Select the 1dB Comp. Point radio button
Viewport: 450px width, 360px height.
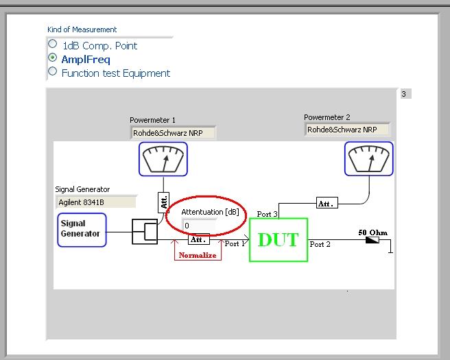click(52, 44)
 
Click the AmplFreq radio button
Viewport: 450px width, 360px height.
click(52, 58)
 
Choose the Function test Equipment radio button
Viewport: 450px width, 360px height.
click(52, 71)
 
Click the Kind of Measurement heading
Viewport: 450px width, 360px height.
click(82, 29)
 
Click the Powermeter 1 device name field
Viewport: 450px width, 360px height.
click(173, 133)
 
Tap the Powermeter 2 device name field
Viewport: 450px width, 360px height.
click(347, 130)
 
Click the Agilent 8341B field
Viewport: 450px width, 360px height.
click(96, 202)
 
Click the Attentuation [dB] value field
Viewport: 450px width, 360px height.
click(199, 226)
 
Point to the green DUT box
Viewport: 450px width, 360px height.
click(279, 240)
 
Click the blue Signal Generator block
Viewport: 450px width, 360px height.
click(82, 230)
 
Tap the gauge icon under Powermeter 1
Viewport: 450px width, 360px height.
click(163, 159)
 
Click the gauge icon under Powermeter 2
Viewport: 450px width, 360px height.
click(369, 158)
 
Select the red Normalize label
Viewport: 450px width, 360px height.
click(198, 255)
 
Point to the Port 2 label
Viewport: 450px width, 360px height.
click(320, 244)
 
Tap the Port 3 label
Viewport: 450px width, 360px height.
click(268, 214)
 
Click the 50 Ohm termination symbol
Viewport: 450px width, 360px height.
click(372, 240)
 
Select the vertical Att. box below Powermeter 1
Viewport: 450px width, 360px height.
click(163, 202)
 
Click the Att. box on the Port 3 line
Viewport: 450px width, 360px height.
click(327, 203)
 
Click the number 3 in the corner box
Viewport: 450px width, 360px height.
click(404, 94)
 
